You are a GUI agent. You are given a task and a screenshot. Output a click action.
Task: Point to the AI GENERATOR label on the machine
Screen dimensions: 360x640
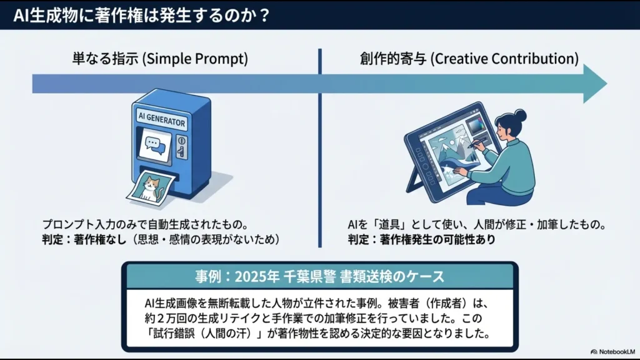tap(161, 118)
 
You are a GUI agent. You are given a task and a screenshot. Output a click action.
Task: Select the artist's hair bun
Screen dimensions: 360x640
tap(520, 115)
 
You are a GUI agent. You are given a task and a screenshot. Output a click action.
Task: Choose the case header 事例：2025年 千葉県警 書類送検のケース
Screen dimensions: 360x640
tap(319, 276)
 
